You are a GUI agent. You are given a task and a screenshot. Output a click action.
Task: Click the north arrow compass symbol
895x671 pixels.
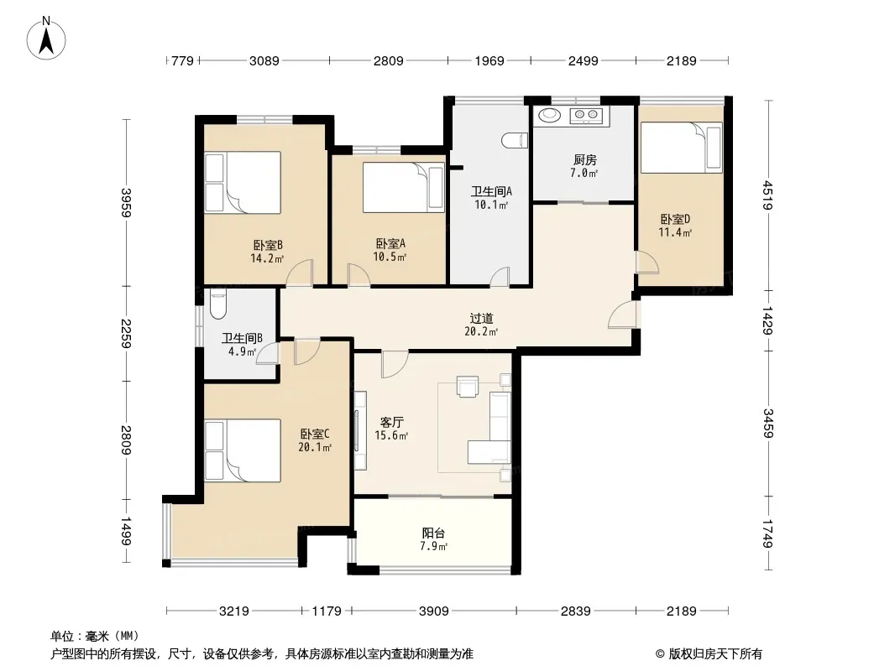point(46,39)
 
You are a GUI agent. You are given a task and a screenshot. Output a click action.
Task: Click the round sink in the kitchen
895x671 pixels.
point(550,115)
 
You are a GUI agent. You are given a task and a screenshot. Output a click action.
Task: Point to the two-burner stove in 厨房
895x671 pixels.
point(586,116)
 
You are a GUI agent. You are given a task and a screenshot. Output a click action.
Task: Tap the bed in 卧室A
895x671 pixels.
point(404,188)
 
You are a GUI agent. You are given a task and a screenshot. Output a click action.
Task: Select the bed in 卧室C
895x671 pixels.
point(243,450)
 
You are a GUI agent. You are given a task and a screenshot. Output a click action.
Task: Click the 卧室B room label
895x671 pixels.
point(268,245)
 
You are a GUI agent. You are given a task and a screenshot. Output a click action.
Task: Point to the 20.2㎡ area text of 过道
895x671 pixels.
point(481,332)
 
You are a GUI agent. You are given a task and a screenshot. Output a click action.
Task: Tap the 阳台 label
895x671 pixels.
point(433,533)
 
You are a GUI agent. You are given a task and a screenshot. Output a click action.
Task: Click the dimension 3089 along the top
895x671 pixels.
point(264,60)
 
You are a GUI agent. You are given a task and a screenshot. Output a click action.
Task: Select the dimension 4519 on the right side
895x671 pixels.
point(768,195)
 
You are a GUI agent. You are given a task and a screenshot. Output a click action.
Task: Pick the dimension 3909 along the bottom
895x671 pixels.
point(434,611)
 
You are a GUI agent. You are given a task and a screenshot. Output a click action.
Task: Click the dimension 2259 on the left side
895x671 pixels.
point(126,334)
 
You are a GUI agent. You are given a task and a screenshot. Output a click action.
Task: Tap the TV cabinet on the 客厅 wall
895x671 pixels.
point(359,429)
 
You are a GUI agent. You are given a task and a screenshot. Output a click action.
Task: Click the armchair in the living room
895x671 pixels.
point(468,386)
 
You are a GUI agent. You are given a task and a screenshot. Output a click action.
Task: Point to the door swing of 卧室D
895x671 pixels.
point(648,263)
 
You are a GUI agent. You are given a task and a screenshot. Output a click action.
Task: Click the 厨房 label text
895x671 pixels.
point(585,160)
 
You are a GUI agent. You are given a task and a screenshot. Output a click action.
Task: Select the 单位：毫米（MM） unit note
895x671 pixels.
point(95,636)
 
